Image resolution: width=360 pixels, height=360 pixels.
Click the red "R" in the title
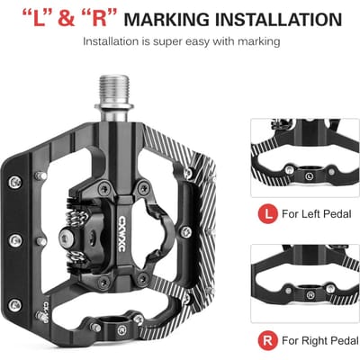coord(98,19)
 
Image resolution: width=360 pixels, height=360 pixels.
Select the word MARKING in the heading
coord(166,19)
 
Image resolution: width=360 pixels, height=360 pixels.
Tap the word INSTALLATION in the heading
coord(279,19)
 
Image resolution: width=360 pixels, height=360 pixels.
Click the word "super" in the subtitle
coord(167,42)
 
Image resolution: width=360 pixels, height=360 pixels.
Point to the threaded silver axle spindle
coord(114,93)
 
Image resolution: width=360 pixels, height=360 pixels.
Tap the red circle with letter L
coord(267,213)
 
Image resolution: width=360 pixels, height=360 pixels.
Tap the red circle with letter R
coord(267,340)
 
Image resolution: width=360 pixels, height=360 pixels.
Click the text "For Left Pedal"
coord(317,214)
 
